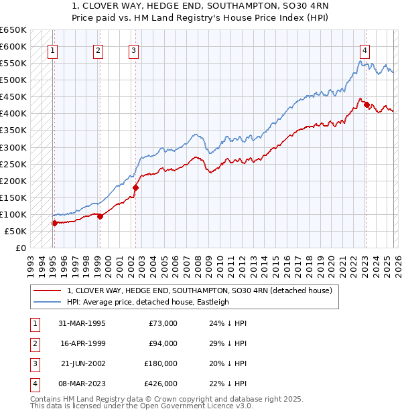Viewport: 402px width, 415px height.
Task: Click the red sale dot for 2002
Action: point(135,187)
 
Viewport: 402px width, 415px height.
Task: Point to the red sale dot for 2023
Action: point(366,105)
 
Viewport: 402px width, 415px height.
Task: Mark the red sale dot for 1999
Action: point(100,216)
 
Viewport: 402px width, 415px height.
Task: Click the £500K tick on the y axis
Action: point(13,80)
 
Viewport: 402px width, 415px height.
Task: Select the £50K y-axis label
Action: point(15,231)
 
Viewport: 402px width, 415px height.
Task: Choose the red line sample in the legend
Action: point(48,290)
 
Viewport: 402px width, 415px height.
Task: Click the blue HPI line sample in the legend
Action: point(48,302)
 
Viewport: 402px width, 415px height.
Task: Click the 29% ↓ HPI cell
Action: point(227,343)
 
